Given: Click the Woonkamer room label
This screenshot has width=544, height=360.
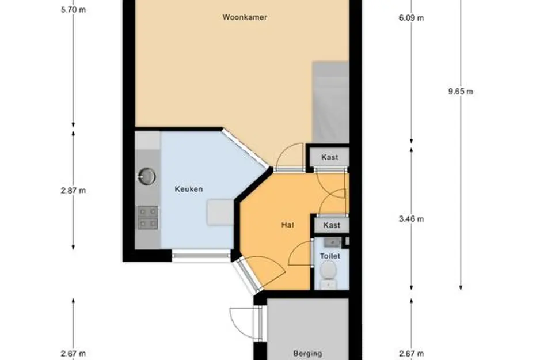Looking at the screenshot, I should [x=245, y=17].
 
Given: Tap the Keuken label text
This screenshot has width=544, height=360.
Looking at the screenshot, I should [x=188, y=189].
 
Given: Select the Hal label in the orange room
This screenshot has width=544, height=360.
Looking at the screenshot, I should [x=288, y=225].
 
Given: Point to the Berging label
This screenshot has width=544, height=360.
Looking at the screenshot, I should [x=307, y=354].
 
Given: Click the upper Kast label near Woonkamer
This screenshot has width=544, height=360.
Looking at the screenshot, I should [x=330, y=157].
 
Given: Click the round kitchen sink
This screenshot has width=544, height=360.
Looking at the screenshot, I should [x=147, y=176].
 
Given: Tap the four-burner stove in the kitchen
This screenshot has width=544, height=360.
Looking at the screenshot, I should [x=147, y=217].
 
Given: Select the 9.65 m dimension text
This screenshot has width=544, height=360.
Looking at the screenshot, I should [x=460, y=91].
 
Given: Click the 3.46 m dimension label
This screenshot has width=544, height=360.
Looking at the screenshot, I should [x=411, y=219].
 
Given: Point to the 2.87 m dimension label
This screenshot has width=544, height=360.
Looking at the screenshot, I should [x=73, y=191].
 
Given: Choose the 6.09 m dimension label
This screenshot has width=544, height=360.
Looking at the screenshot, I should [x=411, y=17].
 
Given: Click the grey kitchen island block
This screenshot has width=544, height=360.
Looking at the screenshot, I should [x=219, y=213].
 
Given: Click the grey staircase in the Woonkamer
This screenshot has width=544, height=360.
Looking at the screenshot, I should [x=330, y=101].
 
